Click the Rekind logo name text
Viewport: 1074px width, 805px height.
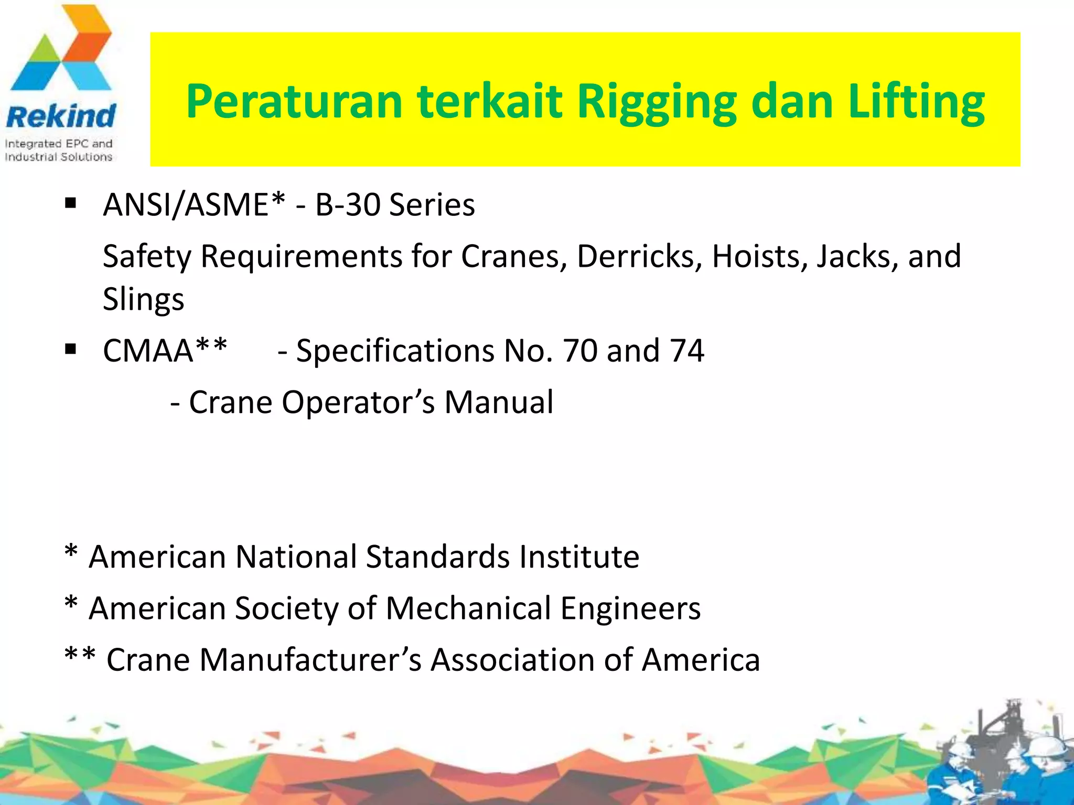(60, 116)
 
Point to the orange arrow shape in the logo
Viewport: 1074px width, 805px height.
(89, 39)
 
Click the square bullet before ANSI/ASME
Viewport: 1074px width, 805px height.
(71, 203)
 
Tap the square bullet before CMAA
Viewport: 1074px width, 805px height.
(71, 349)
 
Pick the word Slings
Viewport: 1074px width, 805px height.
(143, 299)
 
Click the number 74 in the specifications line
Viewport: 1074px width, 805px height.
(686, 351)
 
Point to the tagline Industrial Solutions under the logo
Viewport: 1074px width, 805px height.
(58, 157)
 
